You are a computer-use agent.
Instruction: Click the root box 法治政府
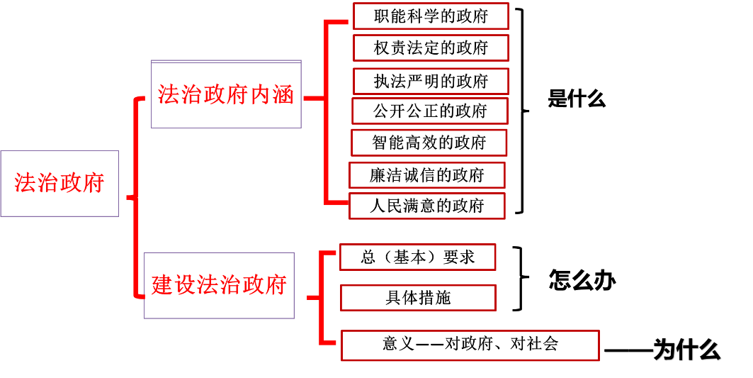click(x=60, y=183)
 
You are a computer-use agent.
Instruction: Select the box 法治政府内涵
click(x=226, y=94)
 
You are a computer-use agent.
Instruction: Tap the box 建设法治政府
click(x=219, y=285)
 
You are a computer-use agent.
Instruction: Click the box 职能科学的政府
click(x=431, y=16)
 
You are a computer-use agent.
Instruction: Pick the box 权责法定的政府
click(x=431, y=48)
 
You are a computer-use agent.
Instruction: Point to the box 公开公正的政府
click(x=430, y=111)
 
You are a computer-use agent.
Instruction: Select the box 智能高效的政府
click(x=429, y=143)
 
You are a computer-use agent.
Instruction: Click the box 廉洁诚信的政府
click(x=427, y=175)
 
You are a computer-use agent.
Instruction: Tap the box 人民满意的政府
click(x=427, y=206)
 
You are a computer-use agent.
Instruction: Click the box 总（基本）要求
click(x=418, y=257)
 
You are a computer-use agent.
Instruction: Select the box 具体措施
click(x=418, y=298)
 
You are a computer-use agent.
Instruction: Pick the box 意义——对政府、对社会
click(x=470, y=345)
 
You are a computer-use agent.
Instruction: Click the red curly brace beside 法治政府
click(x=134, y=197)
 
